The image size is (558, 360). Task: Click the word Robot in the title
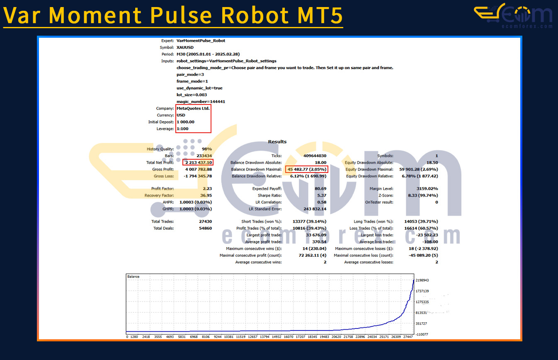tap(255, 15)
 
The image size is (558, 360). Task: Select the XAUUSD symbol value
tap(185, 47)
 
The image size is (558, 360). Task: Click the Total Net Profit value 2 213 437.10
tap(199, 163)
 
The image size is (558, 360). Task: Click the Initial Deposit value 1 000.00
tap(186, 122)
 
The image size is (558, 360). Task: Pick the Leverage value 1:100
tap(182, 129)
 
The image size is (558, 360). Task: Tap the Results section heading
tap(277, 141)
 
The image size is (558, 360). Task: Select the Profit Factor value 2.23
tap(207, 189)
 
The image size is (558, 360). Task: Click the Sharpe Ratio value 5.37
tap(322, 195)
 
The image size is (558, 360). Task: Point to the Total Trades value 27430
tap(205, 221)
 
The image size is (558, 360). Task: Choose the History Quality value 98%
tap(207, 149)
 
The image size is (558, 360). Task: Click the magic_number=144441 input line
tap(201, 101)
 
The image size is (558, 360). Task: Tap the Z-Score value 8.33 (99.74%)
tap(423, 195)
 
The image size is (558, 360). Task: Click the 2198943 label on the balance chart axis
tap(422, 280)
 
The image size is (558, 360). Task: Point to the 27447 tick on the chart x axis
tap(408, 337)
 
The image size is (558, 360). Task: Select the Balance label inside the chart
tap(133, 277)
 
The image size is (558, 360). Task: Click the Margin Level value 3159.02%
tap(427, 189)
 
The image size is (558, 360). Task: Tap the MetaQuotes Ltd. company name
tap(193, 108)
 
